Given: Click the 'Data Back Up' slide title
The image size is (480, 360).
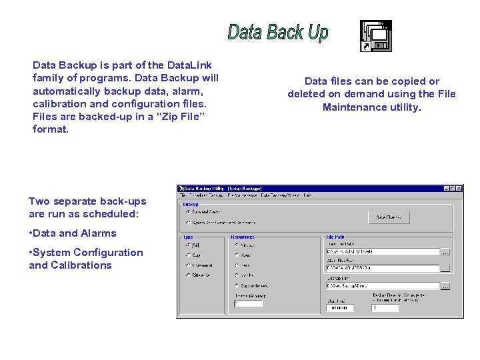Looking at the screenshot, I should click(x=278, y=32).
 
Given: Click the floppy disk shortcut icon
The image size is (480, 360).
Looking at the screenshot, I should click(x=376, y=35).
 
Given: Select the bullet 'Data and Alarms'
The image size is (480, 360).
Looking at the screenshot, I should click(x=75, y=233).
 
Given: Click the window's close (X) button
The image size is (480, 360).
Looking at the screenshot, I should click(x=459, y=189).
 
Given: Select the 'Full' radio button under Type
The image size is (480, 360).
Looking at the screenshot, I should click(x=188, y=245).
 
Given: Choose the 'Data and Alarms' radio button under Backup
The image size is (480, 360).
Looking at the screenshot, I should click(x=188, y=212).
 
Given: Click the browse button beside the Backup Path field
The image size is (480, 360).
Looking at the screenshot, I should click(x=445, y=286).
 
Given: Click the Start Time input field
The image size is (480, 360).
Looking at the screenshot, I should click(x=339, y=308).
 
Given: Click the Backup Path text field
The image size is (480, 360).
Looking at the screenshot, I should click(x=383, y=286).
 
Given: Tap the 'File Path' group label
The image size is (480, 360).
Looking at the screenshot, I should click(x=335, y=237).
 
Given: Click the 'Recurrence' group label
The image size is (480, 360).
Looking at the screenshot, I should click(x=242, y=237).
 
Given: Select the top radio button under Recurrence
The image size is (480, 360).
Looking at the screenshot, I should click(x=236, y=245).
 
